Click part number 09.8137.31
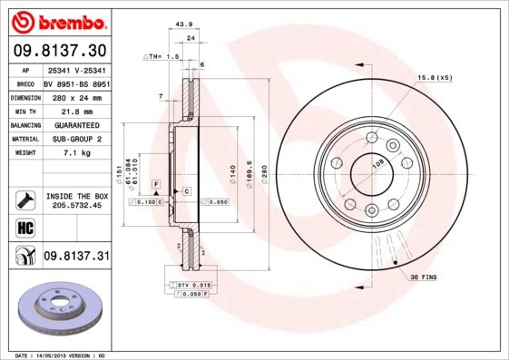point(76,257)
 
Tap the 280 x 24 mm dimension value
point(76,97)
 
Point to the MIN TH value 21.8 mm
point(75,111)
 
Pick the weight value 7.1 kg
point(75,153)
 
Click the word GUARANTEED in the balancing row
point(76,125)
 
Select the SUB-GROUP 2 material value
point(76,139)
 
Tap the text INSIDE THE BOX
point(76,196)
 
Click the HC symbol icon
point(24,228)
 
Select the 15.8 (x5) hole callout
point(435,78)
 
